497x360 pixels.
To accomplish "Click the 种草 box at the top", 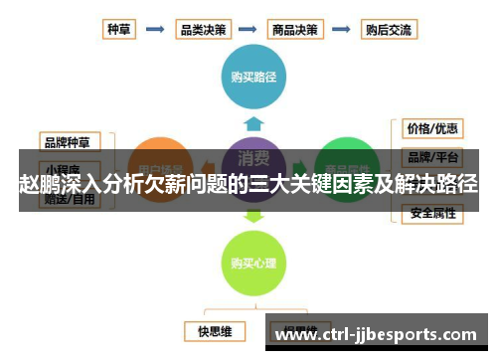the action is click(119, 29).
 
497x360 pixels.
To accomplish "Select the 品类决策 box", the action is click(202, 29).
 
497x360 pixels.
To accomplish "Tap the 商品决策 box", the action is click(295, 29).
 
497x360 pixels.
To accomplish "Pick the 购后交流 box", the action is click(387, 29).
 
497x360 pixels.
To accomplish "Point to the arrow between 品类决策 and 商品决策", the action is click(248, 29).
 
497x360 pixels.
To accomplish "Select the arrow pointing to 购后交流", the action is click(343, 29).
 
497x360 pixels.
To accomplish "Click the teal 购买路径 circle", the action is click(253, 76).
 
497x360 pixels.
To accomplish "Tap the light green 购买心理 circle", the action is click(253, 263).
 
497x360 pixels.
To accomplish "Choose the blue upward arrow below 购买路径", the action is click(253, 122).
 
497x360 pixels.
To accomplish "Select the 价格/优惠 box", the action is click(432, 128).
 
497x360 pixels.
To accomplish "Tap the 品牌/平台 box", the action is click(432, 157).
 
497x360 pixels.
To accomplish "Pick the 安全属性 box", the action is click(432, 214).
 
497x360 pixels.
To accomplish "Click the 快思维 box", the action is click(215, 329).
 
